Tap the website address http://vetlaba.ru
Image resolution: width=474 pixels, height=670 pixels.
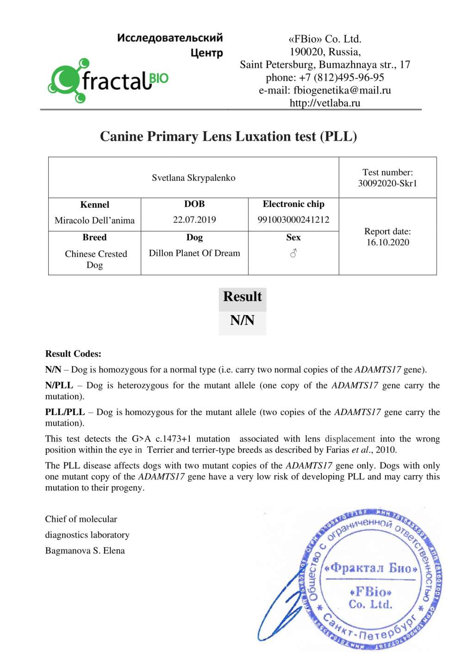(324, 103)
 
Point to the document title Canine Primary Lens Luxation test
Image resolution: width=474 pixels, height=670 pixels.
(228, 136)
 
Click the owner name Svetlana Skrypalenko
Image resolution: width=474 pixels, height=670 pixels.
(193, 178)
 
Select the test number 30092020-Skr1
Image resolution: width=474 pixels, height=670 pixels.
(387, 183)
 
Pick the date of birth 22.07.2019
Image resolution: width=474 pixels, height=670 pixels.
(194, 220)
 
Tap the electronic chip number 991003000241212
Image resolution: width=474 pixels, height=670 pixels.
(293, 220)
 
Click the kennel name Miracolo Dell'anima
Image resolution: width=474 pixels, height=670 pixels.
(94, 220)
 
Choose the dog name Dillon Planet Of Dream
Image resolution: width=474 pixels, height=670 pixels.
(194, 253)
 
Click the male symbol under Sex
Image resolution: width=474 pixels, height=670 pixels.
(293, 253)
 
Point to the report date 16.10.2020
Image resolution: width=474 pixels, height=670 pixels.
(387, 242)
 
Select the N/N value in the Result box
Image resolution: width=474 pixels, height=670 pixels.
(242, 320)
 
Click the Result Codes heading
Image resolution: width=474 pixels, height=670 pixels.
(73, 354)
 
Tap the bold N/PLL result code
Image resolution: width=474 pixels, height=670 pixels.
(59, 385)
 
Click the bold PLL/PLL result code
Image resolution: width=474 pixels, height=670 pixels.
(65, 412)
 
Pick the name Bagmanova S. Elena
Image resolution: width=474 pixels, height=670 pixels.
(85, 551)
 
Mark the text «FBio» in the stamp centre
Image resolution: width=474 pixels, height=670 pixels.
(371, 592)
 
